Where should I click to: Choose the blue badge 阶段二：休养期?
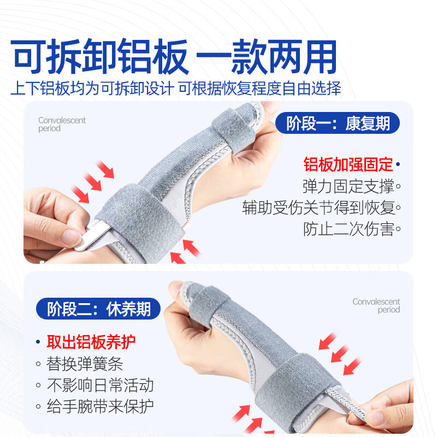click(x=98, y=310)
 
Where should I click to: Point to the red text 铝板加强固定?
click(x=349, y=164)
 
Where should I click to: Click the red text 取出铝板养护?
click(x=91, y=342)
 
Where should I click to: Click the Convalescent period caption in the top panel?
click(x=62, y=125)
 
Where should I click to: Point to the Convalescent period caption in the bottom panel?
click(x=376, y=306)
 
